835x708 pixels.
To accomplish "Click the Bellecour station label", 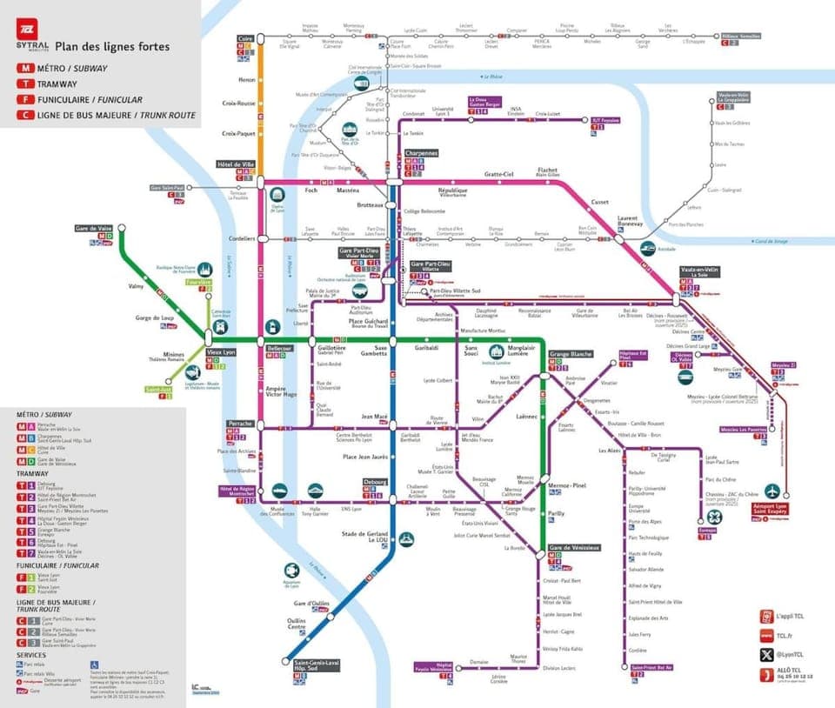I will coord(280,346).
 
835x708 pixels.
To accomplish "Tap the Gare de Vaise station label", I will coord(97,228).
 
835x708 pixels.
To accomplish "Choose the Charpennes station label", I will coord(420,153).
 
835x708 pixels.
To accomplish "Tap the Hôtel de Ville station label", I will coord(235,164).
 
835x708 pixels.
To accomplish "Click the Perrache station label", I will coord(239,423).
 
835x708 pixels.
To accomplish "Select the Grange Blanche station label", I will coord(571,354).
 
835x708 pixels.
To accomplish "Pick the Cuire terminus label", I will coord(246,39).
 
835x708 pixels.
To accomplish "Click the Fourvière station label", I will coord(198,282).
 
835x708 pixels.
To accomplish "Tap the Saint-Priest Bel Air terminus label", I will coord(651,667).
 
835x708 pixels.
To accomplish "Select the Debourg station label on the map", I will coord(376,480).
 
